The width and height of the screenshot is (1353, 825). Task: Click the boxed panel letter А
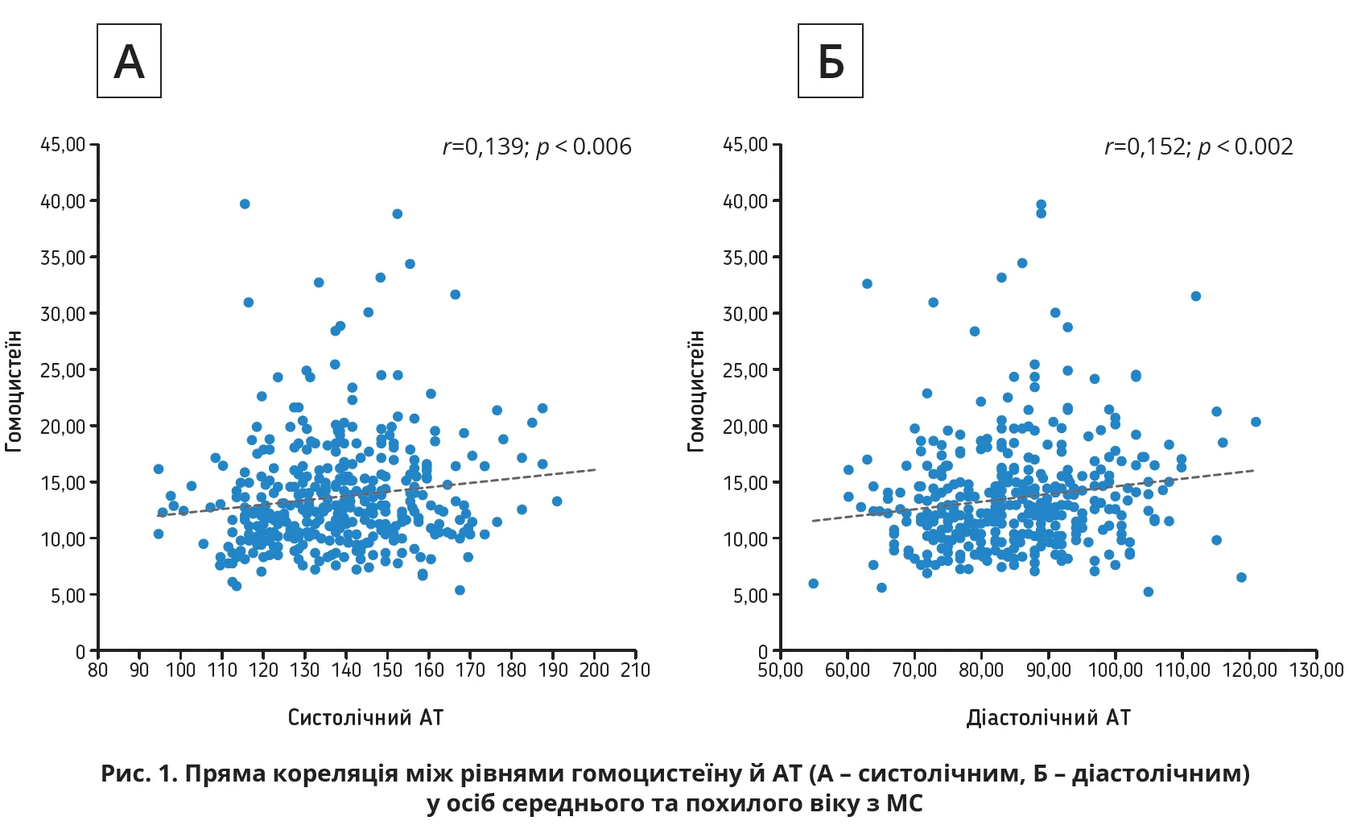coord(129,61)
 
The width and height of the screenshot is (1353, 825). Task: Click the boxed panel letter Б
coord(830,61)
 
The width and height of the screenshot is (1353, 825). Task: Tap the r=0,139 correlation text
coord(537,146)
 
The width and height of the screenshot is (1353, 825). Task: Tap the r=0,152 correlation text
coord(1198,146)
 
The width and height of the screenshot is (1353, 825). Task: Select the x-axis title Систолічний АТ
coord(365,717)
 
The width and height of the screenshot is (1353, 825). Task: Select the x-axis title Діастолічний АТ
coord(1048,717)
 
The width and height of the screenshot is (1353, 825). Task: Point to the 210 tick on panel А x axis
coord(635,670)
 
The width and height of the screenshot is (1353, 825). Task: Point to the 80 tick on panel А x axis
coord(97,670)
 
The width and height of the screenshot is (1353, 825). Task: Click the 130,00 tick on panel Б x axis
coord(1317,670)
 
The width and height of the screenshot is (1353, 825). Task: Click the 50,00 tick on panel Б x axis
coord(781,670)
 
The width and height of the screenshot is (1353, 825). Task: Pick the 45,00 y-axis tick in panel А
coord(64,145)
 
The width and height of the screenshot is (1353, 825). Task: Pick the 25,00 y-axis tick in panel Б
coord(745,370)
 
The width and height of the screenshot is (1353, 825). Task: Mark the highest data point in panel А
coord(245,204)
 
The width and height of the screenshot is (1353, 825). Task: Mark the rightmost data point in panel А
coord(557,501)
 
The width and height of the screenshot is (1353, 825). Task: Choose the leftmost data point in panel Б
coord(813,584)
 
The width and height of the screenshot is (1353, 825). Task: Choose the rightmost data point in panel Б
coord(1256,422)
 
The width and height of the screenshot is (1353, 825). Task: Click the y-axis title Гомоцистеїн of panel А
coord(14,390)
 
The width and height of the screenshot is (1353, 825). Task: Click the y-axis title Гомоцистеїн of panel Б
coord(696,390)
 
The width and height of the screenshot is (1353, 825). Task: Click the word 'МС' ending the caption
coord(904,803)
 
